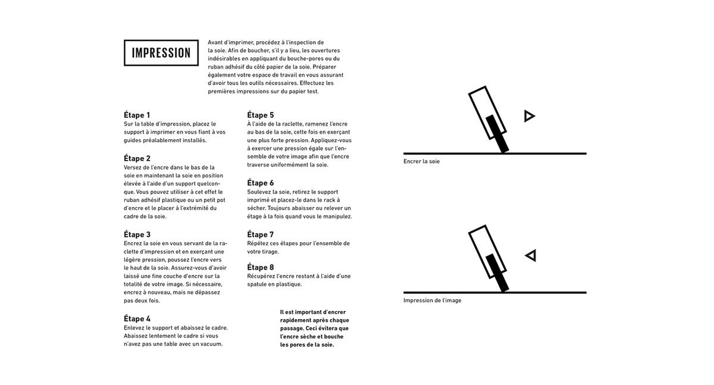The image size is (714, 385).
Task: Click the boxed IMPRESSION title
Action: pyautogui.click(x=161, y=53)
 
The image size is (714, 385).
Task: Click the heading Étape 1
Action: pyautogui.click(x=137, y=115)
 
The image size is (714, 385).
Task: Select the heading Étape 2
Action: pyautogui.click(x=137, y=158)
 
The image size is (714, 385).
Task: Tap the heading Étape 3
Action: pyautogui.click(x=137, y=234)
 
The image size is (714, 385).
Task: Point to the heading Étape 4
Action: pyautogui.click(x=137, y=319)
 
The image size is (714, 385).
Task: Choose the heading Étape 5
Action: pyautogui.click(x=261, y=115)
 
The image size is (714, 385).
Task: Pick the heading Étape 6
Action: pyautogui.click(x=261, y=183)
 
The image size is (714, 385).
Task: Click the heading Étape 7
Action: pyautogui.click(x=261, y=234)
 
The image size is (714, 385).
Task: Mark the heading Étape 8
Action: pyautogui.click(x=261, y=267)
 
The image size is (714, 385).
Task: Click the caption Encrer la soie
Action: pyautogui.click(x=421, y=161)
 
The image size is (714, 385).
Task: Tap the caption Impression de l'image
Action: pyautogui.click(x=432, y=301)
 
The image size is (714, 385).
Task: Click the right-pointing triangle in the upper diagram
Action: pyautogui.click(x=529, y=116)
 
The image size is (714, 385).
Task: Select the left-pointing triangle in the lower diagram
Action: pyautogui.click(x=531, y=255)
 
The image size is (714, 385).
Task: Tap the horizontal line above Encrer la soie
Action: pyautogui.click(x=494, y=154)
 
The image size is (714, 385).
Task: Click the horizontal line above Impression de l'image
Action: pyautogui.click(x=494, y=293)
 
